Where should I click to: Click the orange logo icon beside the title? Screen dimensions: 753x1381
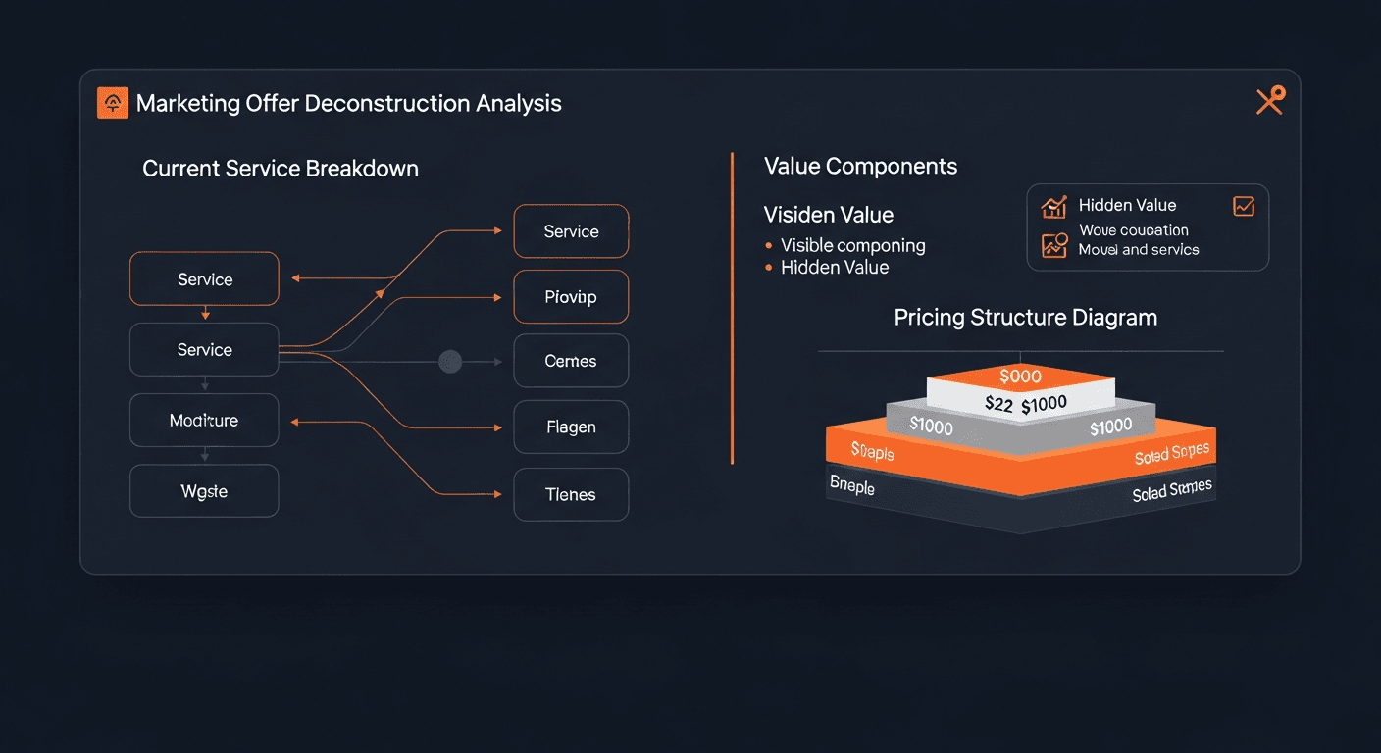click(113, 103)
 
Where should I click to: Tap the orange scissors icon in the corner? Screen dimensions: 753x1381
click(1269, 100)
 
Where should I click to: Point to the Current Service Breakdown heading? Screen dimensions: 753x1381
click(281, 169)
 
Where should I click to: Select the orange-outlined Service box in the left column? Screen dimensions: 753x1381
click(204, 279)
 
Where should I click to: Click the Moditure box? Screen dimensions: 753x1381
click(204, 421)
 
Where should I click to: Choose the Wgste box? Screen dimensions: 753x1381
click(204, 491)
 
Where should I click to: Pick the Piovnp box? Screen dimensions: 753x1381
click(571, 296)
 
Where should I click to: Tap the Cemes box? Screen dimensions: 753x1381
click(571, 361)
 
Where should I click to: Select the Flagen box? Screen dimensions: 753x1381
click(571, 427)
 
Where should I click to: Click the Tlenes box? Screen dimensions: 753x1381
click(571, 494)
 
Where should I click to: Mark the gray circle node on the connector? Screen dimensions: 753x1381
click(450, 362)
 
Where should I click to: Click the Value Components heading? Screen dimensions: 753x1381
click(860, 167)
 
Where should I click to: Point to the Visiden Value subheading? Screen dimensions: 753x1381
click(828, 215)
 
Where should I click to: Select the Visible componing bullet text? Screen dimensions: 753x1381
click(852, 245)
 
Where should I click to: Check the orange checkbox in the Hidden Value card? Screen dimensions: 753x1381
click(1243, 206)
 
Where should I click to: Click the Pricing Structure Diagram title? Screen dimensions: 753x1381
click(1025, 318)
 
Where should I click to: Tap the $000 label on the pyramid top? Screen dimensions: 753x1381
click(1020, 376)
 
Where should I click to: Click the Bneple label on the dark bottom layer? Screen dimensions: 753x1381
click(851, 485)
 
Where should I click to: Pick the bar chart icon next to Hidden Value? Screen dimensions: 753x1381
click(1054, 206)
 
